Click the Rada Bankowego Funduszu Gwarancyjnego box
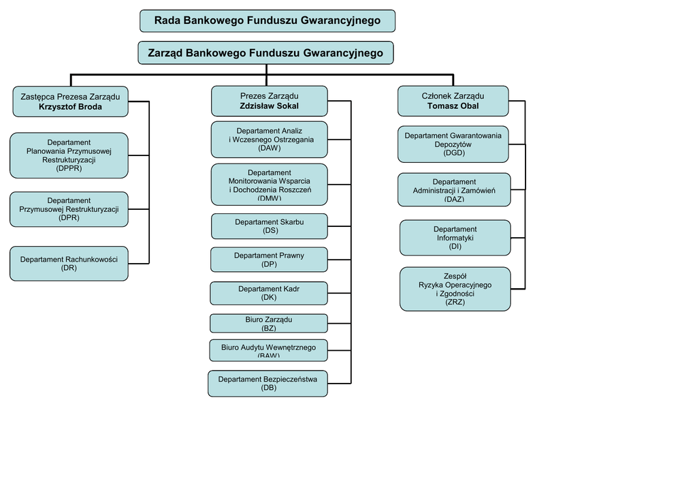(x=268, y=21)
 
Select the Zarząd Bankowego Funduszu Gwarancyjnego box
(x=265, y=53)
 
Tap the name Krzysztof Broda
(x=70, y=107)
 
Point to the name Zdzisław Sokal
(x=269, y=106)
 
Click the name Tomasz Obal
(x=453, y=106)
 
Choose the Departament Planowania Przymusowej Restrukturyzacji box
(x=69, y=155)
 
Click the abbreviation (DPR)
(x=69, y=218)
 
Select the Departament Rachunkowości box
(x=69, y=264)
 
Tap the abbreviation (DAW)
(x=269, y=148)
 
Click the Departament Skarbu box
(x=269, y=226)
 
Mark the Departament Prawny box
(x=269, y=260)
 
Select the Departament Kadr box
(x=269, y=293)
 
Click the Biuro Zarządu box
(x=269, y=323)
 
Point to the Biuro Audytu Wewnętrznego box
(x=269, y=350)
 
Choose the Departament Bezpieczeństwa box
(x=268, y=384)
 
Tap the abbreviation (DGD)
(x=453, y=153)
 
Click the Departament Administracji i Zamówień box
(x=454, y=189)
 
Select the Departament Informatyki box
(x=455, y=238)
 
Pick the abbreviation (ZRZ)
(x=455, y=302)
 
